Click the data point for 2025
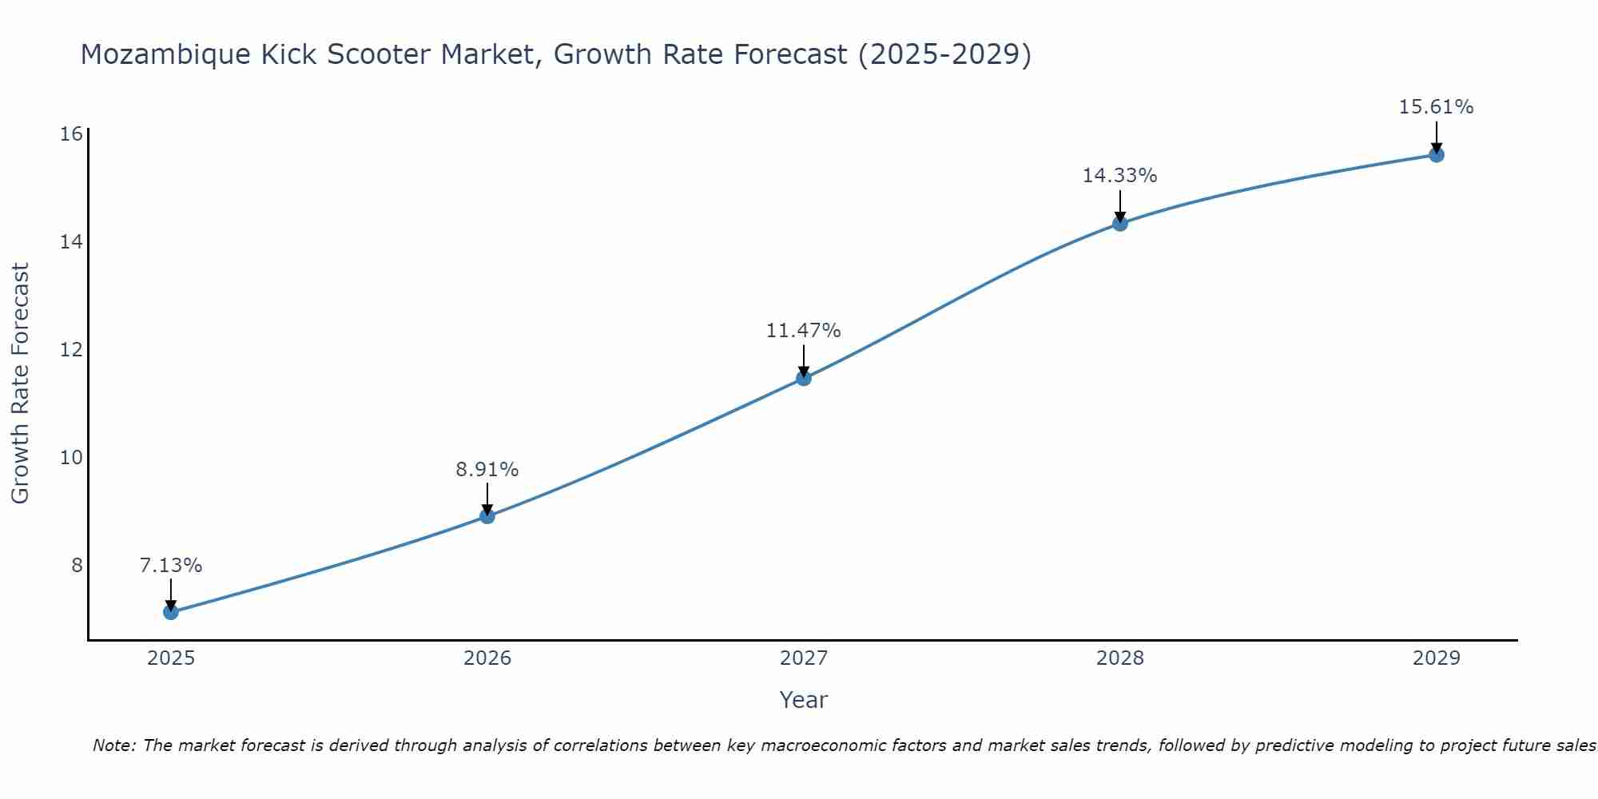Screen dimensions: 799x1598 click(170, 612)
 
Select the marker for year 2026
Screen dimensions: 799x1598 click(487, 516)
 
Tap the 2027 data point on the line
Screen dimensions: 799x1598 click(804, 378)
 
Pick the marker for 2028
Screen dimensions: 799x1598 click(1120, 224)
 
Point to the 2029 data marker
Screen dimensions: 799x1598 click(1437, 155)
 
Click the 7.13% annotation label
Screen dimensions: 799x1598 click(171, 566)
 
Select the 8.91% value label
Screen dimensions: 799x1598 click(487, 470)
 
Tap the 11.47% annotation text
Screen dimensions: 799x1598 click(804, 331)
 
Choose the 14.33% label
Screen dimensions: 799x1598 click(1120, 176)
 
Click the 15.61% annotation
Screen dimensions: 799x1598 click(1437, 107)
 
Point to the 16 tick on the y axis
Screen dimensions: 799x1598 click(71, 133)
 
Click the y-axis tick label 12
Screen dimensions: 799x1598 click(71, 350)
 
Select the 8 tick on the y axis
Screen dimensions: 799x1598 click(77, 566)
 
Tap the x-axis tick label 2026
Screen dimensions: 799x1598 click(487, 658)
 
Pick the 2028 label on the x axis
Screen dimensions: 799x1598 click(1120, 658)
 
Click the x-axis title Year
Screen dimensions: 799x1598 click(804, 700)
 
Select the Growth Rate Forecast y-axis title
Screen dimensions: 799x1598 click(20, 384)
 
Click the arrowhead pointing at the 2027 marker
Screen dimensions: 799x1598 click(804, 372)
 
